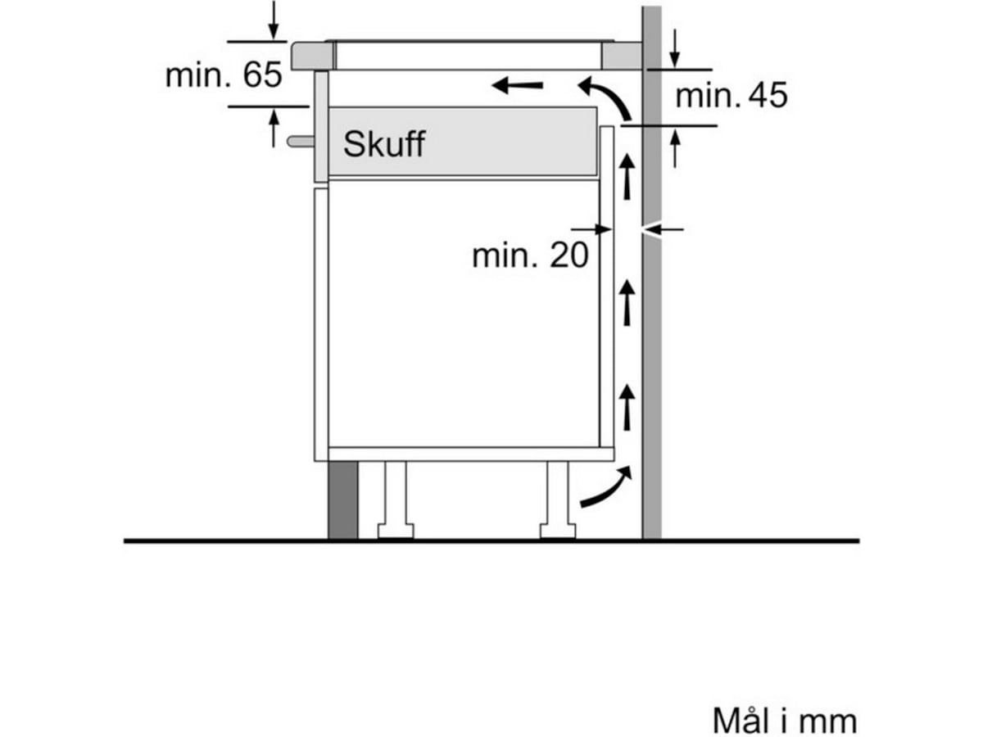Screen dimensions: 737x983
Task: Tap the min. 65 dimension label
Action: point(223,75)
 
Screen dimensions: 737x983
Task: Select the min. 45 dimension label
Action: point(731,96)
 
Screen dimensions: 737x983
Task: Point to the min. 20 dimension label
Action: point(530,255)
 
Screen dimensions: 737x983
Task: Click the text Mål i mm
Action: point(784,721)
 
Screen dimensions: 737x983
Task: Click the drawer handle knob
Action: point(299,141)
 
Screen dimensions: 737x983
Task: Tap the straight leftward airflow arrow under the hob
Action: point(517,84)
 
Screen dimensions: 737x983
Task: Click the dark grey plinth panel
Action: point(342,500)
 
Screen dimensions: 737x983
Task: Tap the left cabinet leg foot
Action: point(395,531)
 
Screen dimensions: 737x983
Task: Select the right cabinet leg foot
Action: point(558,531)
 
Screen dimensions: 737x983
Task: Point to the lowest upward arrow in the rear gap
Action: point(627,407)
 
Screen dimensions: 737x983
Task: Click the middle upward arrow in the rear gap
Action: point(627,302)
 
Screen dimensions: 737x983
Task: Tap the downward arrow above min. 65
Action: point(274,20)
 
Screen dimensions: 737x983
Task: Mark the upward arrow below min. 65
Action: point(274,128)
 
